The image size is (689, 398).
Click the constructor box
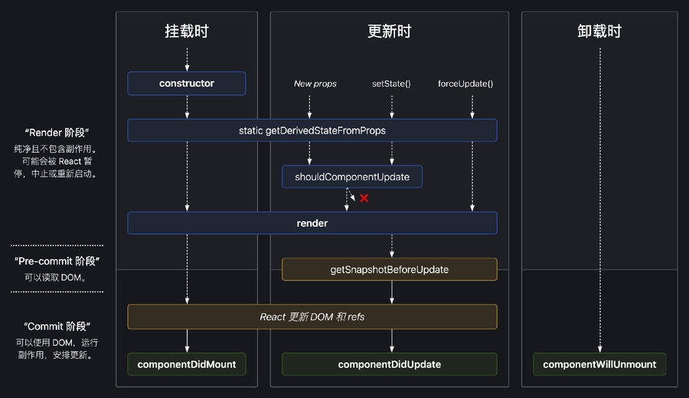[187, 84]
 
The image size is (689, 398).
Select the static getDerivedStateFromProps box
[312, 130]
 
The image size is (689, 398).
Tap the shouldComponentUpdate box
[352, 177]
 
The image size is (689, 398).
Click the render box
[312, 223]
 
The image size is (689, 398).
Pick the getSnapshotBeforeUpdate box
[390, 270]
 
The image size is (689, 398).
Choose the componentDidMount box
[187, 364]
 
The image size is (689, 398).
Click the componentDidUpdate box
[390, 364]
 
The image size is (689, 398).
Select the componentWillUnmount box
[599, 364]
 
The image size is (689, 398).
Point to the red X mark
[364, 199]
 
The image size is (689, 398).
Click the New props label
[315, 84]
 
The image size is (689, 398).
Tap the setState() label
[391, 84]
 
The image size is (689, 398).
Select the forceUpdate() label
[465, 84]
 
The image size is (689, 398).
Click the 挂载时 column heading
[187, 31]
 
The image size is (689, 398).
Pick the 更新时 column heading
[390, 31]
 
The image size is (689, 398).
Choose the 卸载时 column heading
[599, 31]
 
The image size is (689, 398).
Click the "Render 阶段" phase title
[57, 133]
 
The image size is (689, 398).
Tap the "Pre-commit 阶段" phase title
[57, 261]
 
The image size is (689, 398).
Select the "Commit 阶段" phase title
[57, 326]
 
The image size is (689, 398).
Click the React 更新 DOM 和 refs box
[312, 317]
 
